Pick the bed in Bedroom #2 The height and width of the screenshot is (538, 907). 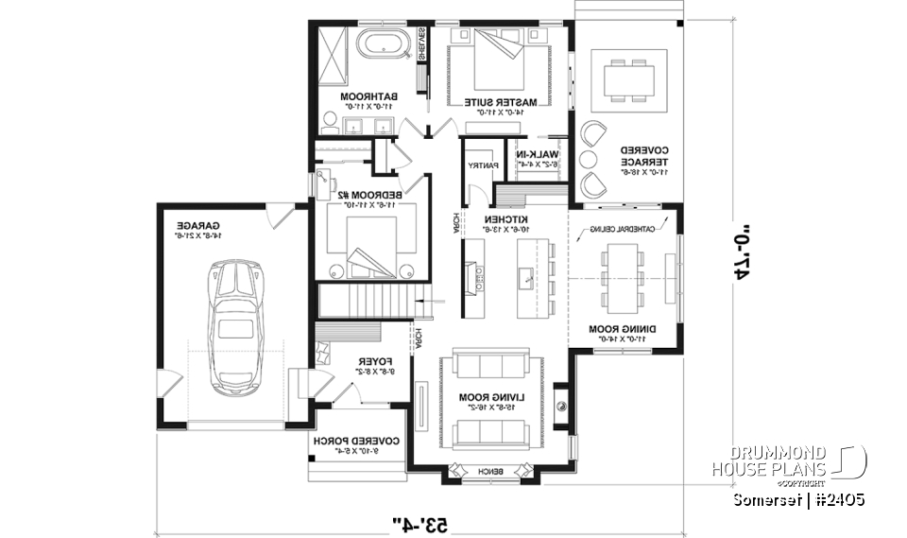pos(370,244)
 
